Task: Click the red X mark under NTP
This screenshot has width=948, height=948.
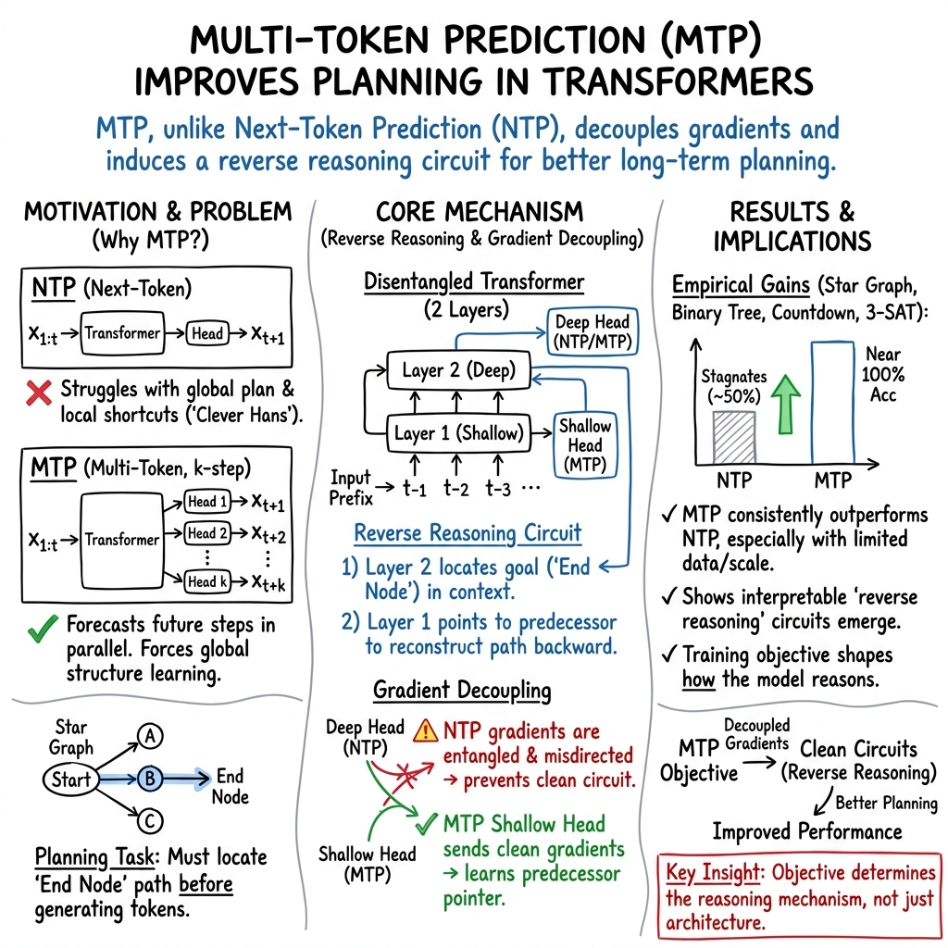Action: point(37,393)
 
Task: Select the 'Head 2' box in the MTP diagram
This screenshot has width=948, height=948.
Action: point(207,533)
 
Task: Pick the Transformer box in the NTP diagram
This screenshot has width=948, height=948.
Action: point(123,334)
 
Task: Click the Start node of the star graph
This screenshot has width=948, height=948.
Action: point(71,780)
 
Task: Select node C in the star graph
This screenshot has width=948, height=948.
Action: point(150,819)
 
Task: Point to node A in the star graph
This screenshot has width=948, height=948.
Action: point(149,737)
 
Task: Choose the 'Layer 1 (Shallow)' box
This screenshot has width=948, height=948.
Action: point(458,432)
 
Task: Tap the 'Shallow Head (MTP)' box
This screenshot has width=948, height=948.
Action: point(585,444)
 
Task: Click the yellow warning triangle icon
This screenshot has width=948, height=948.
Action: point(425,731)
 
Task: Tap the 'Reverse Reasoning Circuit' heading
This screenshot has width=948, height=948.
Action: point(468,533)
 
